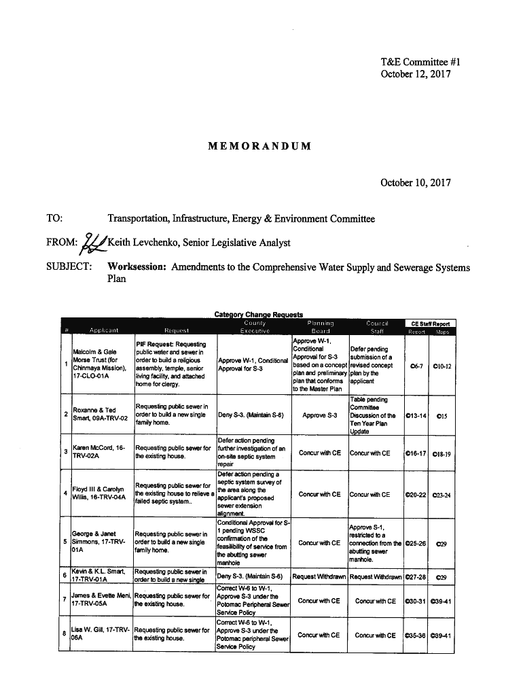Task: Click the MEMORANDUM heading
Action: coord(261,146)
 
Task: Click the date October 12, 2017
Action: coord(415,73)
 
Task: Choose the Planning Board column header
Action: coord(320,327)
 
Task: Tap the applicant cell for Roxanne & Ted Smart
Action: coord(100,414)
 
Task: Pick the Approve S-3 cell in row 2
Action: coord(320,414)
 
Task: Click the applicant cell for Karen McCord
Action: coord(100,453)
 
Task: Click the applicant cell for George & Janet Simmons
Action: coord(100,542)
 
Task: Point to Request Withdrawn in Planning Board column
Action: coord(319,577)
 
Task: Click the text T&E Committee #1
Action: coord(416,63)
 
